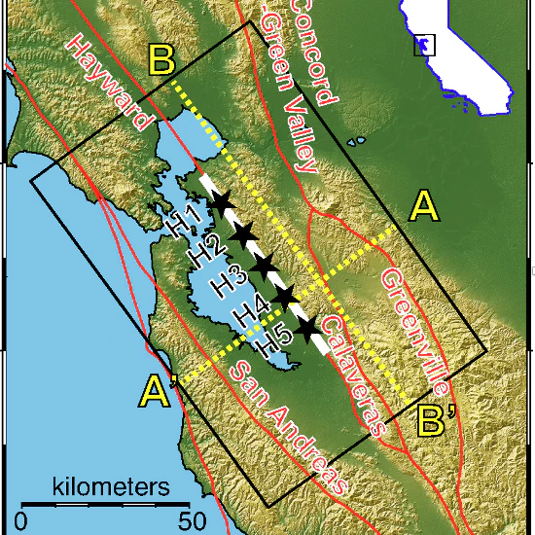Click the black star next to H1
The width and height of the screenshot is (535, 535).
pyautogui.click(x=221, y=202)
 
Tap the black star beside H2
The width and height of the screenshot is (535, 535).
pyautogui.click(x=243, y=233)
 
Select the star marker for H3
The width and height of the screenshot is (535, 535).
pyautogui.click(x=263, y=265)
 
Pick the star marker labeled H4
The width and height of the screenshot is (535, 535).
pyautogui.click(x=284, y=295)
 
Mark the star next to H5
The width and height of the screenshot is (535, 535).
pyautogui.click(x=309, y=329)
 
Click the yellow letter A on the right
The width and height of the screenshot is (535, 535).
pyautogui.click(x=424, y=206)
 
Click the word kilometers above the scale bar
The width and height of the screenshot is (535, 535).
pyautogui.click(x=107, y=485)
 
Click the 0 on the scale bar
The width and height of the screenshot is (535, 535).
pyautogui.click(x=21, y=519)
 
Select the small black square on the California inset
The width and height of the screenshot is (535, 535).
pyautogui.click(x=425, y=45)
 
